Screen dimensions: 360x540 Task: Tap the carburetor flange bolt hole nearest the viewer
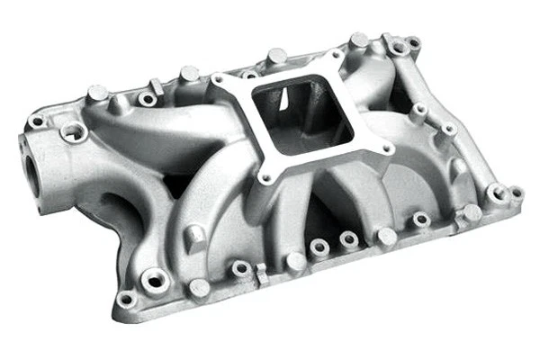[x=267, y=179]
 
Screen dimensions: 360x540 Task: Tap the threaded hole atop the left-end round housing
[x=73, y=134]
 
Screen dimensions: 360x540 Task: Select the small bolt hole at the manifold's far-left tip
[x=36, y=121]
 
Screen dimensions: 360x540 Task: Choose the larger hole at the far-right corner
[x=494, y=192]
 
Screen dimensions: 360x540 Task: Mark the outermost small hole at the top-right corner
[x=413, y=42]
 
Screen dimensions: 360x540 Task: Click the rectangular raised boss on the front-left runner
[x=194, y=235]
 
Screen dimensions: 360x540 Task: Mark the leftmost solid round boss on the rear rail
[x=97, y=92]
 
